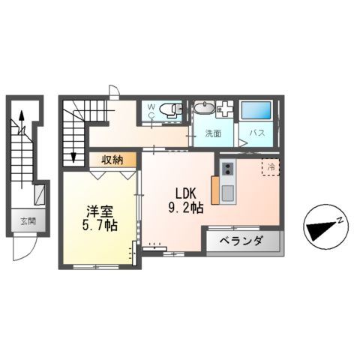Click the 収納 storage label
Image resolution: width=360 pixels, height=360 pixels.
(112, 159)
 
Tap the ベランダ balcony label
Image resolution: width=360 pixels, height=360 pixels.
(241, 241)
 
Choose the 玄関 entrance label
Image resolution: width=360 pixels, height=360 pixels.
(28, 221)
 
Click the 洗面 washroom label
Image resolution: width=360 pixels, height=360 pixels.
(214, 133)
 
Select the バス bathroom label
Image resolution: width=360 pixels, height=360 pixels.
(257, 133)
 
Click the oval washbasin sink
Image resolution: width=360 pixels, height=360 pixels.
(204, 109)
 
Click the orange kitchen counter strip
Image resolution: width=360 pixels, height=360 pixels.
(216, 190)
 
